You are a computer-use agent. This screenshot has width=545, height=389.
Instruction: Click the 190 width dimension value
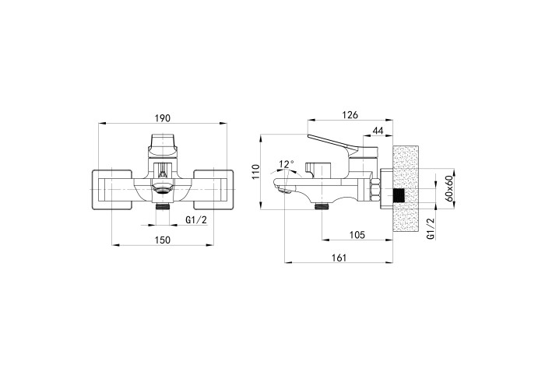163,118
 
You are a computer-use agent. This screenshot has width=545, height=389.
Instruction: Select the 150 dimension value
163,240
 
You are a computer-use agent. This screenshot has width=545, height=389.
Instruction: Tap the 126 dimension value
350,115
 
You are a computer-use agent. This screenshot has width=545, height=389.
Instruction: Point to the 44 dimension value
378,131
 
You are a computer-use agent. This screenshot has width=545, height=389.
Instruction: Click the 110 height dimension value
256,172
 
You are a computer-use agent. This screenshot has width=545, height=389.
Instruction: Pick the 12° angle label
287,164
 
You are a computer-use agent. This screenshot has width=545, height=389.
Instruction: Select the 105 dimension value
357,235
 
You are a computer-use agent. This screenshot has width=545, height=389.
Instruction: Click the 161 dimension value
339,258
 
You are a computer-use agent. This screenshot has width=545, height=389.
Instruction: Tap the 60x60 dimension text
448,188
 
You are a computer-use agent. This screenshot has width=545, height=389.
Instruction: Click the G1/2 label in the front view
196,220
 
